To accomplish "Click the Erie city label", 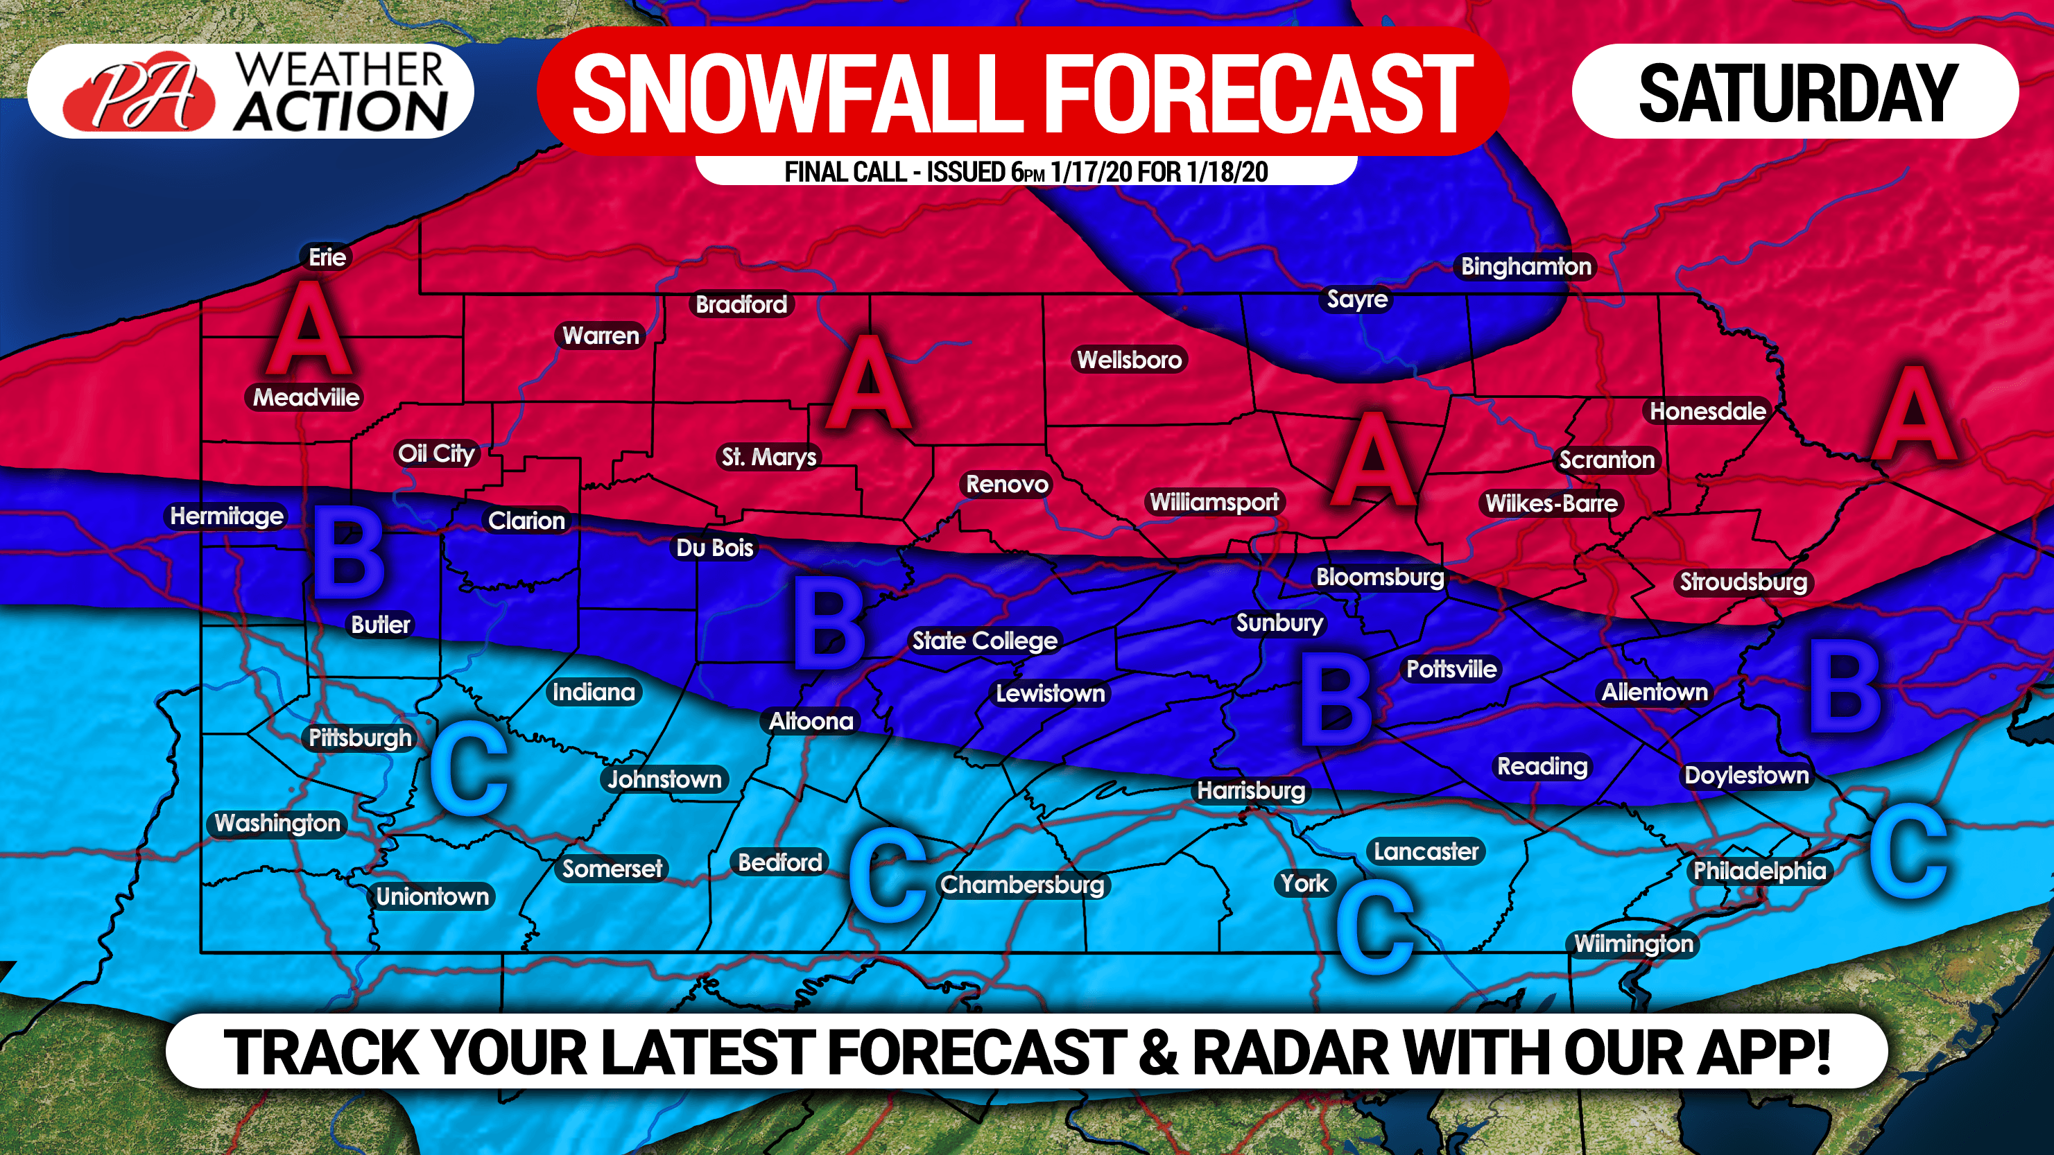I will pos(327,257).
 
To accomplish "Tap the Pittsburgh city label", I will pos(360,738).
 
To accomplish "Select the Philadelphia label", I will pos(1759,871).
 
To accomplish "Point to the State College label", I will pos(984,641).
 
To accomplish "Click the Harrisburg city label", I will pos(1250,791).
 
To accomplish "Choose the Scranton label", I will pos(1606,460).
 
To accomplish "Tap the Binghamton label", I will pos(1526,266).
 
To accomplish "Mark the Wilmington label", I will pos(1632,944).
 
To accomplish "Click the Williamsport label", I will pos(1214,502).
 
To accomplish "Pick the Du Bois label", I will pos(714,548).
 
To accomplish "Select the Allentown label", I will pos(1655,692).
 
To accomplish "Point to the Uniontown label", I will pos(432,896).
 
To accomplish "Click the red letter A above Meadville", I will pos(309,329).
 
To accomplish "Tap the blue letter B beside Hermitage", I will pos(348,553).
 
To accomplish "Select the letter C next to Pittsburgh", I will pos(469,770).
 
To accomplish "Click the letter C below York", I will pos(1374,927).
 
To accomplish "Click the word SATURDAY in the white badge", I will pos(1797,94).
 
